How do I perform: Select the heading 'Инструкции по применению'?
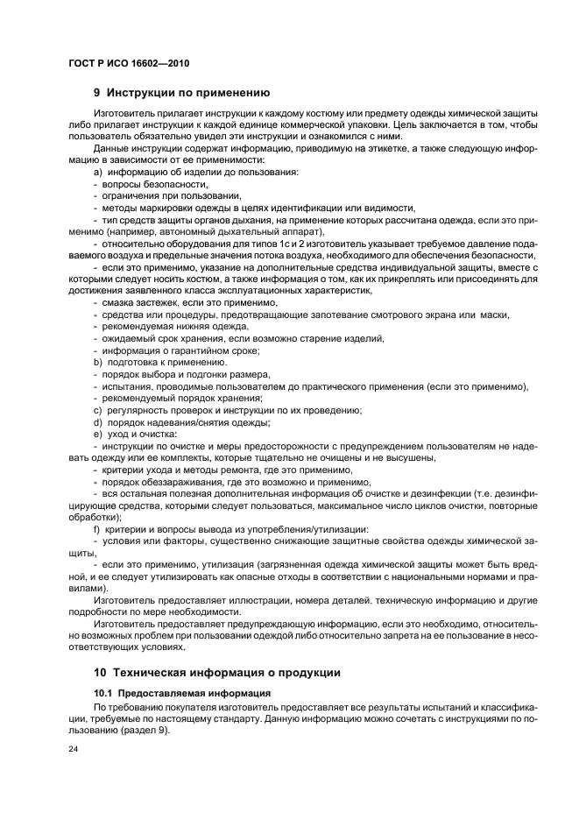point(187,92)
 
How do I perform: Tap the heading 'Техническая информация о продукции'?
point(213,672)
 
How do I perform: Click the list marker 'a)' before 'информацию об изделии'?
point(97,173)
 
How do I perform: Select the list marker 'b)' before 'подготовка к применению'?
point(97,362)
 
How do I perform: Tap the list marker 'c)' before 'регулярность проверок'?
point(97,410)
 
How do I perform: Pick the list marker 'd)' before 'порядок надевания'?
point(97,421)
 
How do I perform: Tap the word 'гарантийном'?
point(193,350)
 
